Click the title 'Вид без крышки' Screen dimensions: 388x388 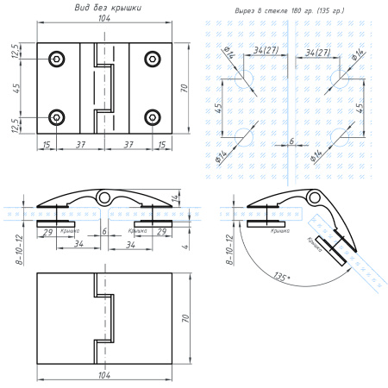(x=108, y=8)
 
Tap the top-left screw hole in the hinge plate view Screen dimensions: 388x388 (x=58, y=59)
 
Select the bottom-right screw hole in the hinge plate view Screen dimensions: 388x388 (x=153, y=117)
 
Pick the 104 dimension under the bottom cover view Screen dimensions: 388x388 (x=103, y=377)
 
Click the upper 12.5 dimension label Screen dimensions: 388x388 (x=16, y=52)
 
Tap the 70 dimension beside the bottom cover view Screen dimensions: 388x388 (x=183, y=316)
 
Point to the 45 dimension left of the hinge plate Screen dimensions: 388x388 (x=16, y=88)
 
